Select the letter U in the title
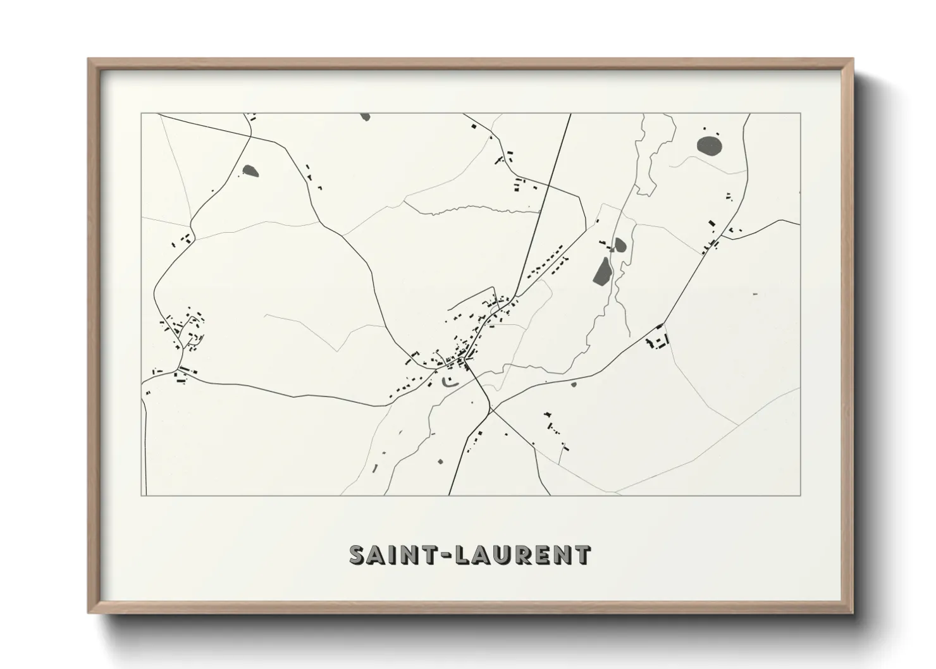pyautogui.click(x=508, y=555)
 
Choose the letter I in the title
pyautogui.click(x=398, y=555)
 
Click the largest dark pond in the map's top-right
pyautogui.click(x=710, y=145)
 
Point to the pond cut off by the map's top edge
pyautogui.click(x=364, y=116)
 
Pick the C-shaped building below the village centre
pyautogui.click(x=448, y=381)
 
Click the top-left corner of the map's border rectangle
pyautogui.click(x=141, y=113)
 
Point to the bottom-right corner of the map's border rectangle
pyautogui.click(x=801, y=496)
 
